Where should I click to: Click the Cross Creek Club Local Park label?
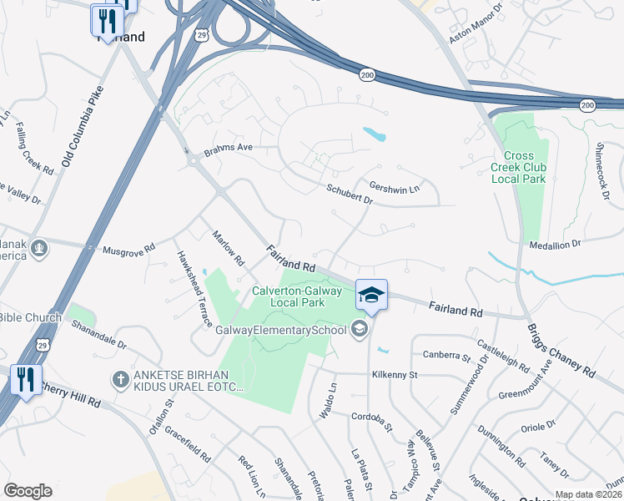click(x=524, y=167)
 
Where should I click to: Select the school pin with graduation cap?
click(x=372, y=295)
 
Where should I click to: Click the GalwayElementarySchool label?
click(x=279, y=330)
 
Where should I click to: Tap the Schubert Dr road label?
click(x=350, y=195)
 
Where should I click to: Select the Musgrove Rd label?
click(x=128, y=250)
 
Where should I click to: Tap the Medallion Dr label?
click(x=554, y=244)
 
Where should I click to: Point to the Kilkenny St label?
click(x=395, y=375)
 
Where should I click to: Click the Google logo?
click(x=28, y=490)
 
